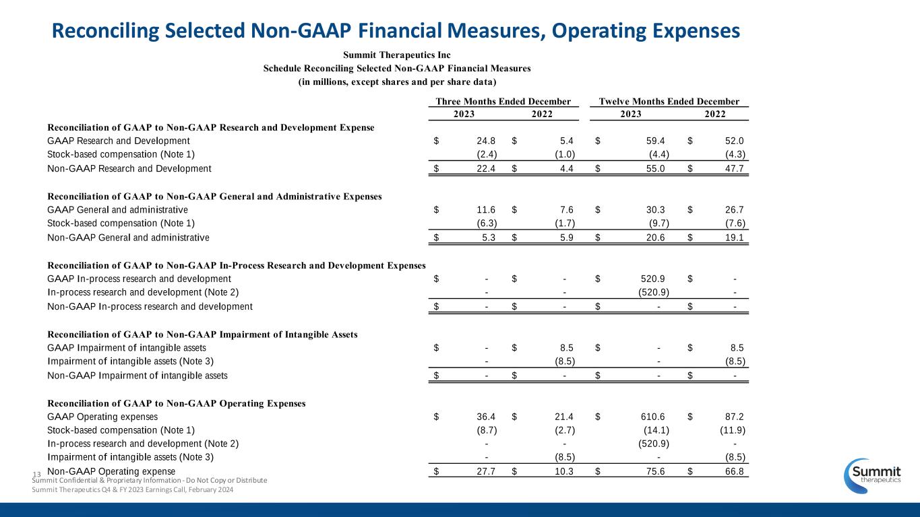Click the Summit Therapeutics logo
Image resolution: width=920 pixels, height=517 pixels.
[x=874, y=477]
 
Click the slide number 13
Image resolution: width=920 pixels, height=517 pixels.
[x=37, y=476]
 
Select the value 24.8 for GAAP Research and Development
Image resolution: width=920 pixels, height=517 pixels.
[x=486, y=141]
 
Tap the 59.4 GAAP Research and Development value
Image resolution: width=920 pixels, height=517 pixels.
[x=652, y=141]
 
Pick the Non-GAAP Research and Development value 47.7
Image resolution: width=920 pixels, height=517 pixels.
[x=732, y=168]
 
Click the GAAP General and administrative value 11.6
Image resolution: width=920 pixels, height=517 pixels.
[x=486, y=209]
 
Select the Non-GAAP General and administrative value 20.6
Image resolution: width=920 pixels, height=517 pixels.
[x=652, y=237]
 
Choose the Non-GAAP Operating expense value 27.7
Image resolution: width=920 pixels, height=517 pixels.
[x=486, y=472]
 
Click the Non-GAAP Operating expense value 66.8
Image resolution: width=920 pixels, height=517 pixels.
[x=732, y=472]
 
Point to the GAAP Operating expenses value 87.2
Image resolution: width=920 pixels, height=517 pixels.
[x=732, y=417]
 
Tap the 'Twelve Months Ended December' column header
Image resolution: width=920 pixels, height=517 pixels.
[x=669, y=102]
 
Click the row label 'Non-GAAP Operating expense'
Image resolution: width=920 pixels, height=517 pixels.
[x=111, y=471]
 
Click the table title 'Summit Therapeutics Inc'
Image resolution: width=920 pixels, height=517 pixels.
[x=396, y=55]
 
